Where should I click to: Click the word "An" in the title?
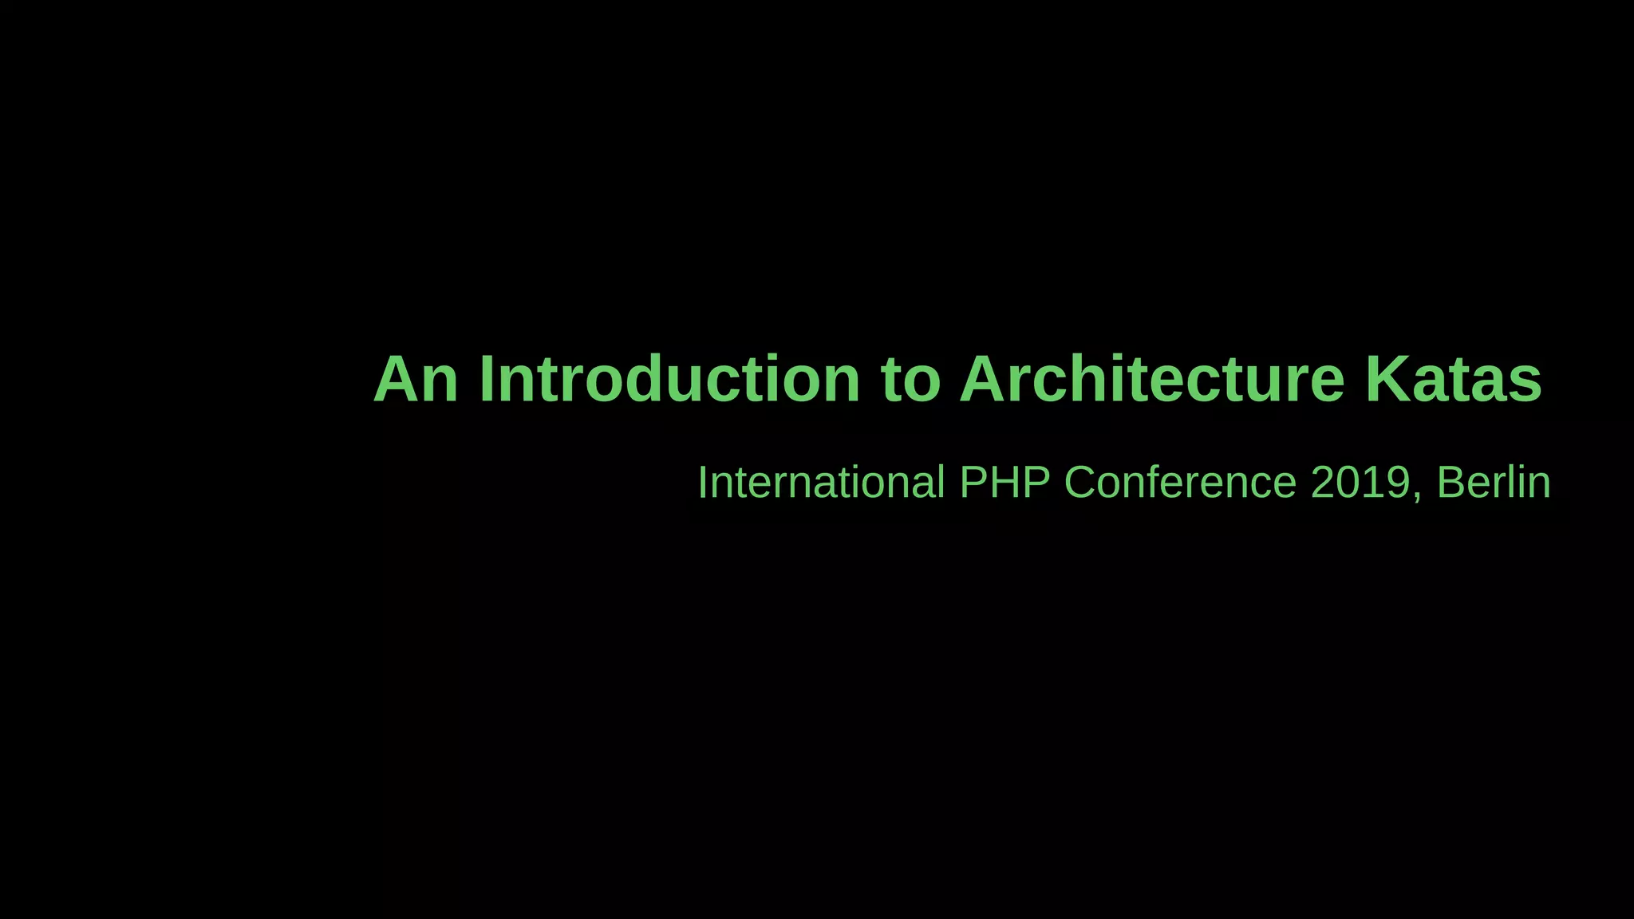point(416,380)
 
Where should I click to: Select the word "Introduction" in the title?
point(669,380)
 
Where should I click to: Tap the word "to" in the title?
point(910,381)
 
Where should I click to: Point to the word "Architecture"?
point(1152,380)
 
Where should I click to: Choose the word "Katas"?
point(1454,380)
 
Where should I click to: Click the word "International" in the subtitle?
point(821,483)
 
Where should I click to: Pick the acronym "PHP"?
point(1004,483)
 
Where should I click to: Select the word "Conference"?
point(1181,483)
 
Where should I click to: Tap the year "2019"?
point(1360,483)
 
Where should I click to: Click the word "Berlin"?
point(1494,483)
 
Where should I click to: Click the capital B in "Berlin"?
point(1450,483)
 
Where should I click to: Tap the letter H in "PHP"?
point(1004,483)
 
